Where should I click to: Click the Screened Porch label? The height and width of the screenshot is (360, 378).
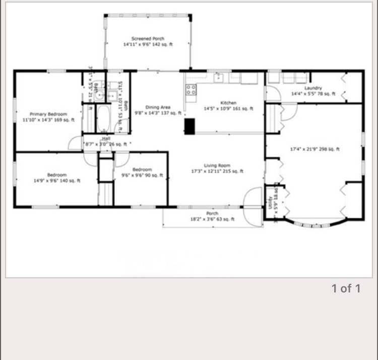pyautogui.click(x=148, y=39)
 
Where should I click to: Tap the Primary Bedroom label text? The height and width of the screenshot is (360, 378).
pyautogui.click(x=48, y=114)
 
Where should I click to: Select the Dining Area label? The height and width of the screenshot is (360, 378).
pyautogui.click(x=158, y=107)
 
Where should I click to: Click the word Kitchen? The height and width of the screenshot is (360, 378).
pyautogui.click(x=228, y=103)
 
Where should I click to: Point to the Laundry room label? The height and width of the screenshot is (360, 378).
pyautogui.click(x=313, y=88)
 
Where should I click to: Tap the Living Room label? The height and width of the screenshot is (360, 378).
pyautogui.click(x=217, y=166)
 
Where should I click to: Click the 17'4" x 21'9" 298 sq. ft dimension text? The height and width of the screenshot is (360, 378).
pyautogui.click(x=315, y=149)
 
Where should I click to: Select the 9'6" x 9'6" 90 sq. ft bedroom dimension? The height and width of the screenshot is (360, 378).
pyautogui.click(x=143, y=175)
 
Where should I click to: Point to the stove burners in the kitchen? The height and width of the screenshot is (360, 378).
pyautogui.click(x=191, y=90)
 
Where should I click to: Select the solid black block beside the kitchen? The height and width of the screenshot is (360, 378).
pyautogui.click(x=190, y=126)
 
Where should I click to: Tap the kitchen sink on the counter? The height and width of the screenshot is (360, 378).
pyautogui.click(x=218, y=78)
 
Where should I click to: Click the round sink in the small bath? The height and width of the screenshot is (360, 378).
pyautogui.click(x=100, y=94)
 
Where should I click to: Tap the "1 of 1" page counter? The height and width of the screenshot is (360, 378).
pyautogui.click(x=346, y=288)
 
